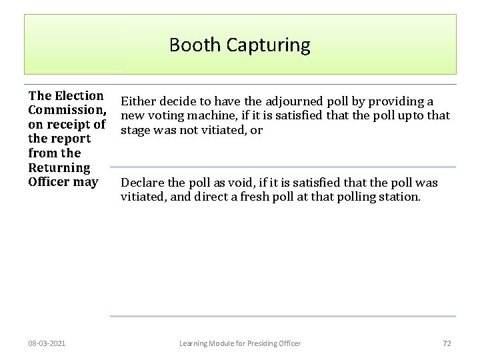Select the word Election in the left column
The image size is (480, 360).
(79, 96)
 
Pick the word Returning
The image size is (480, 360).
(59, 167)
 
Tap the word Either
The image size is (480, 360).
(137, 101)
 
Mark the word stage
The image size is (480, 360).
(135, 131)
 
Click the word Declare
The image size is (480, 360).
(142, 183)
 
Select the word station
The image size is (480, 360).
(399, 197)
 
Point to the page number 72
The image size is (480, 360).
(447, 343)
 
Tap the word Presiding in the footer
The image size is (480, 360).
(265, 343)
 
